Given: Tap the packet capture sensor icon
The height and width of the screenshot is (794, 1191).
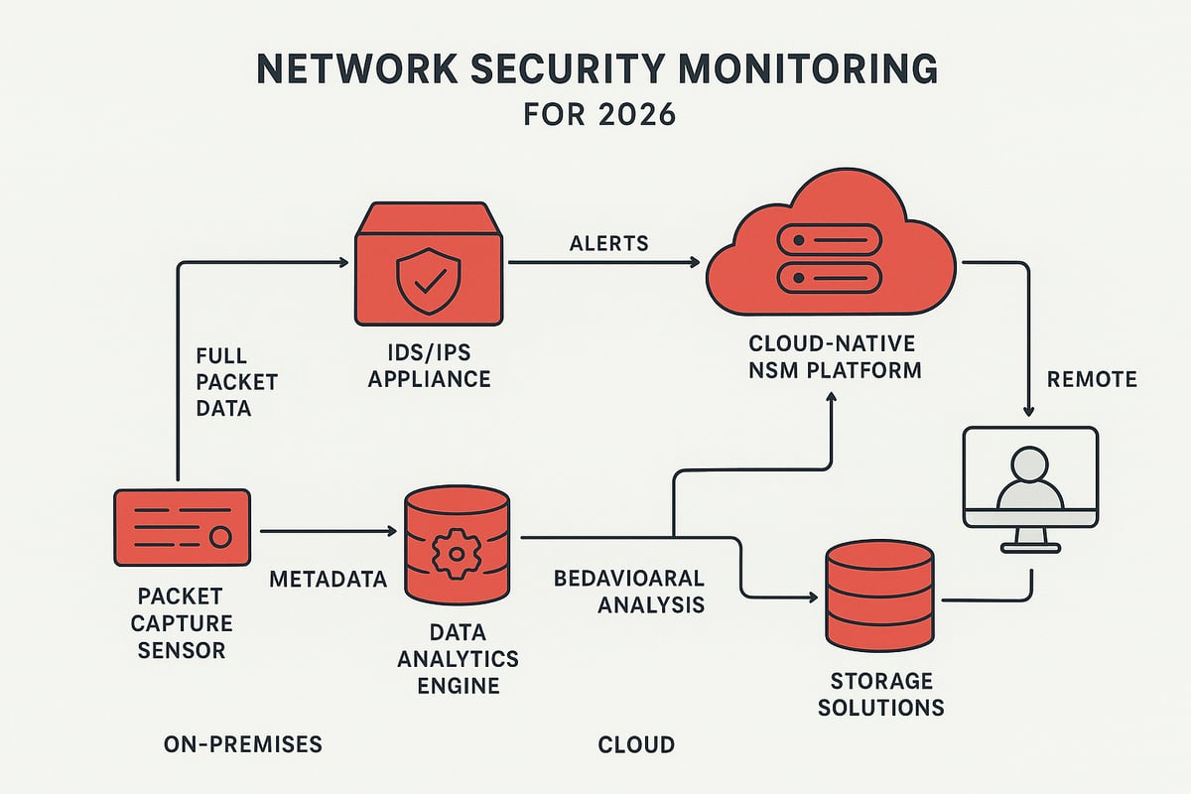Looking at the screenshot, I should pos(182,527).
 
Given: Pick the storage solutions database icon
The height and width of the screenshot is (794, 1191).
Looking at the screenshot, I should pos(879,594).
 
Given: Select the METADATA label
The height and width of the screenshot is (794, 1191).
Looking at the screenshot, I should pos(328,579).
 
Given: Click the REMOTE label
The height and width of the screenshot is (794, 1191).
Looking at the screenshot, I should pos(1092,380).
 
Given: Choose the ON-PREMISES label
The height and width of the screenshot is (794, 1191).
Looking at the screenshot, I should pos(243,743).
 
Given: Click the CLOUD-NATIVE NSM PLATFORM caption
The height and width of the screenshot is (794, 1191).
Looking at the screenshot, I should pos(832,357).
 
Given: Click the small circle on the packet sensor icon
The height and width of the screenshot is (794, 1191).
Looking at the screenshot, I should pos(220,536).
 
